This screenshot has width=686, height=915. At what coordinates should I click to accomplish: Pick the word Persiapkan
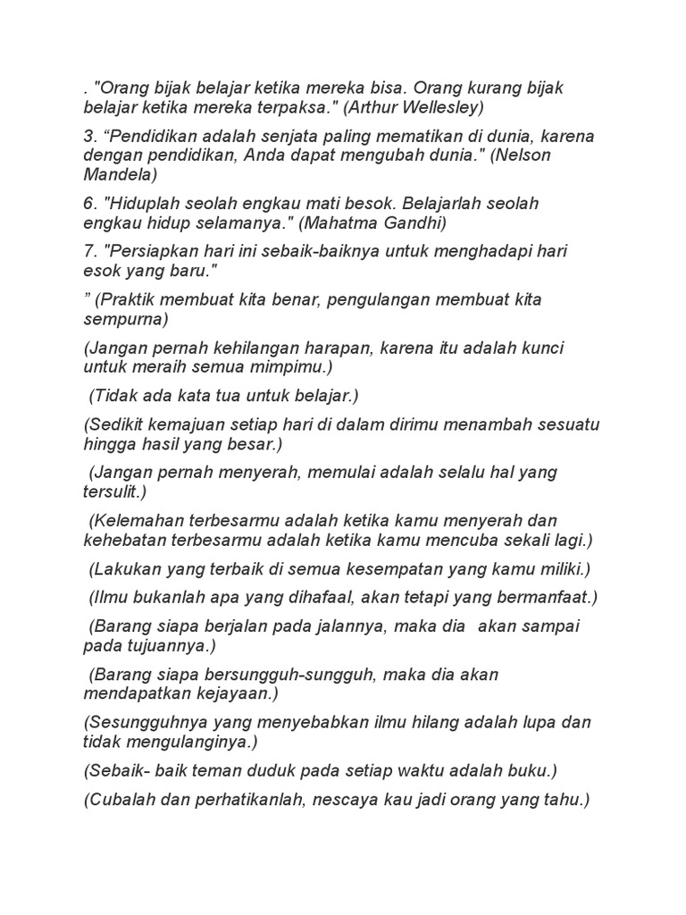tap(153, 251)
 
